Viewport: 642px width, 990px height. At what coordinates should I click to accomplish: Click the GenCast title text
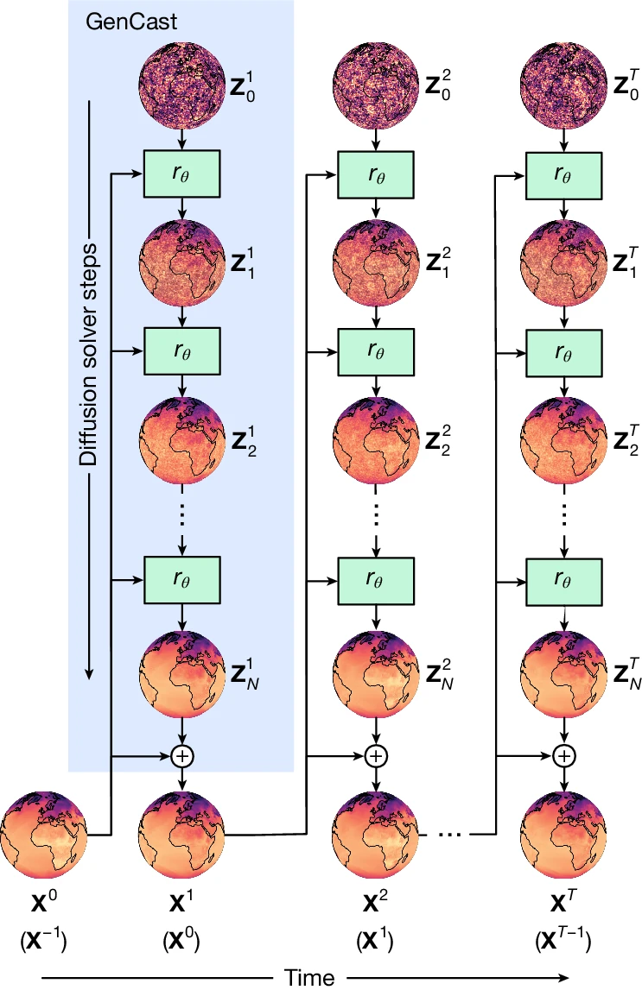pyautogui.click(x=131, y=23)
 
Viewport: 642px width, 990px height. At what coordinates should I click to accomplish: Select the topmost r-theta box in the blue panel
pyautogui.click(x=182, y=173)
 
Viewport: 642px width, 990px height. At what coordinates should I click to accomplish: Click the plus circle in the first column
pyautogui.click(x=182, y=755)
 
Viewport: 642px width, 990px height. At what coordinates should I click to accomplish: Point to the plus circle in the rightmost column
pyautogui.click(x=563, y=755)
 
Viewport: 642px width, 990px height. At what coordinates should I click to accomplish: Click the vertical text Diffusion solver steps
pyautogui.click(x=89, y=354)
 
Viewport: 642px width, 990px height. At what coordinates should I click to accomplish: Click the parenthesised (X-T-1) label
pyautogui.click(x=563, y=941)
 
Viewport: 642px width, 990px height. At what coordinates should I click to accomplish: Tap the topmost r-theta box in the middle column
pyautogui.click(x=374, y=173)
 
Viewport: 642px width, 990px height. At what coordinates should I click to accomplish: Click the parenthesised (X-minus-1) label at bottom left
pyautogui.click(x=41, y=941)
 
